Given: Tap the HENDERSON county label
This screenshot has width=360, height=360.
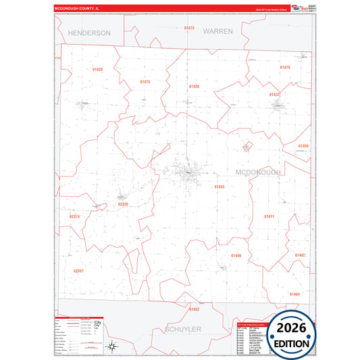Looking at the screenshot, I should (89, 32).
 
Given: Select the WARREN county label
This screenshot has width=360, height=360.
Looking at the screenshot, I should (217, 31).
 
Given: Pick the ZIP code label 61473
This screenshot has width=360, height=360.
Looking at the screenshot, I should (189, 28).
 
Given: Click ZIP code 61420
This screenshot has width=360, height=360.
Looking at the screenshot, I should (97, 70).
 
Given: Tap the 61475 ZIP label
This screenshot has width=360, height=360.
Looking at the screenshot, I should (145, 82).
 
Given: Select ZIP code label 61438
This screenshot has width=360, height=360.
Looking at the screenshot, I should (194, 86).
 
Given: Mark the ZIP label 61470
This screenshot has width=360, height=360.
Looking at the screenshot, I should (285, 68).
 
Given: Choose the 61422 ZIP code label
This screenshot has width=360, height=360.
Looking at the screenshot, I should (274, 95).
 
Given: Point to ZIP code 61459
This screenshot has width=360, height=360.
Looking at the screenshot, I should (303, 146).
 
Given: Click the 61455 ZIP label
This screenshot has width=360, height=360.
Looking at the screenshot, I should (220, 186).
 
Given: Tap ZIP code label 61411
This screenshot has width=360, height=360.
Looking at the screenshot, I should (269, 216).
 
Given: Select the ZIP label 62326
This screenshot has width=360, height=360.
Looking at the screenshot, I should (122, 204).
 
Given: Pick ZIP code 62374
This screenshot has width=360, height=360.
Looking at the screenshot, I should (75, 217).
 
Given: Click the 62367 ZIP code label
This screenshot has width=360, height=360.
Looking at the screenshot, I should (78, 271).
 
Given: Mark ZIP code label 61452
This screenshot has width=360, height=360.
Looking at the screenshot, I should (194, 309).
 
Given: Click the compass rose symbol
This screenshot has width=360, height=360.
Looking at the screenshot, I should (111, 347).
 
